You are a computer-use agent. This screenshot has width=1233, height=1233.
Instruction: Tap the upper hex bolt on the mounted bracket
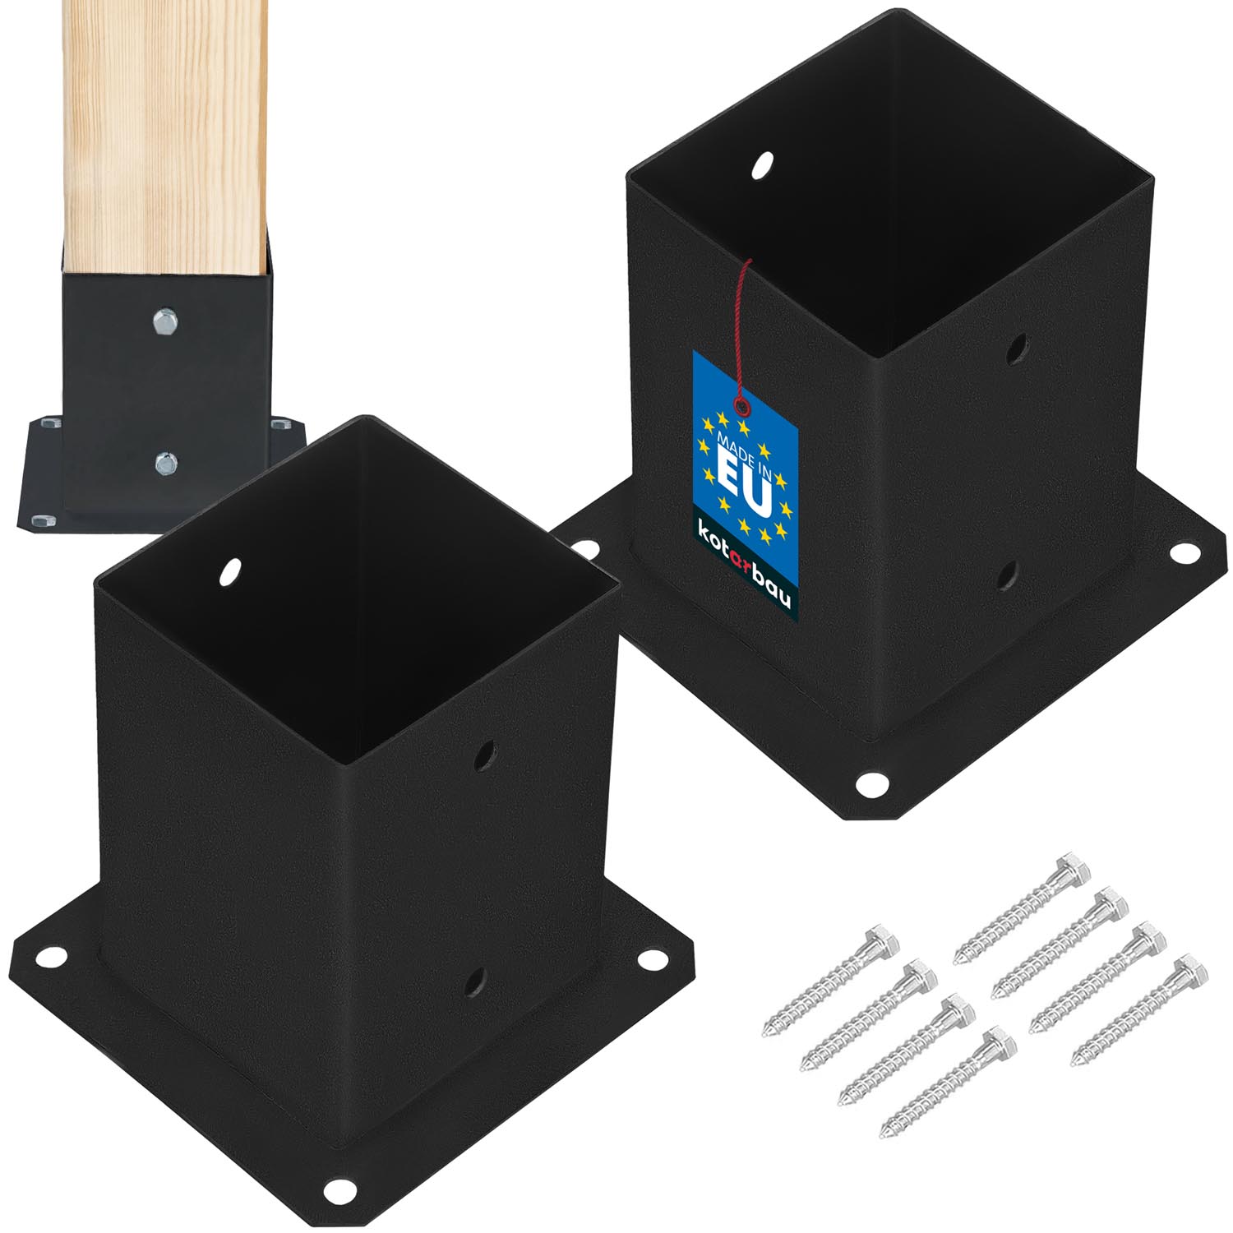click(164, 320)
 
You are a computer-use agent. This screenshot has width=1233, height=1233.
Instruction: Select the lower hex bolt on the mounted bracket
click(165, 464)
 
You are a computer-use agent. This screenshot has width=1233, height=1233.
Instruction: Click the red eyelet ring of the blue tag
click(743, 406)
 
